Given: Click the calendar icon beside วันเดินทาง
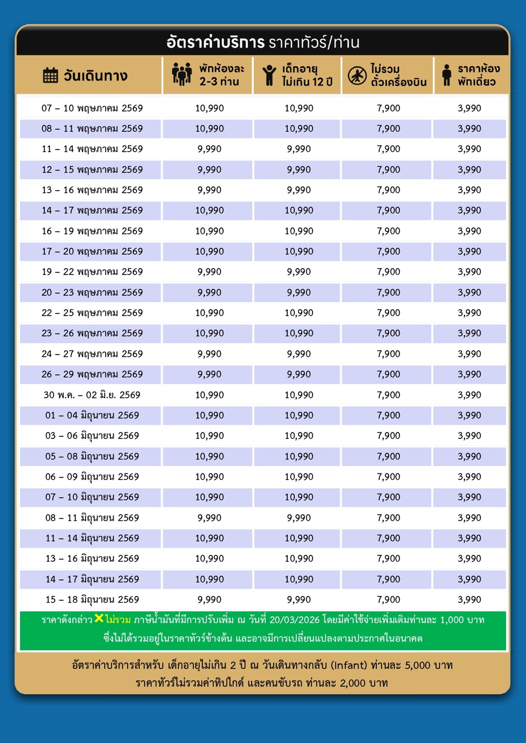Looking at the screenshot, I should (50, 75).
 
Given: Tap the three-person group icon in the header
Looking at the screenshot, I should (182, 75).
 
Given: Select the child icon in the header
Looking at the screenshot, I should (269, 75).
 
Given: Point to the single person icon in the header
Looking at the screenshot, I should (446, 75).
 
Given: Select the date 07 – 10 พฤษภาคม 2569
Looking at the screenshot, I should (92, 108).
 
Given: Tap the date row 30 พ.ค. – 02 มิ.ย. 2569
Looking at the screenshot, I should (92, 395).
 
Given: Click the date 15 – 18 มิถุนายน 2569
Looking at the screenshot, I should (92, 600).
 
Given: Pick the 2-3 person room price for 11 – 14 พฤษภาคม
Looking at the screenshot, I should (209, 149).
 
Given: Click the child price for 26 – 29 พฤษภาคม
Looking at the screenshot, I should (299, 374).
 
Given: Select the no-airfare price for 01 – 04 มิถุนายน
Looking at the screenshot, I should (388, 415).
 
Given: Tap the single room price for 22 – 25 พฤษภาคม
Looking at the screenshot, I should (469, 313).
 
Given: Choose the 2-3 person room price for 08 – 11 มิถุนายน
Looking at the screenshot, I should (209, 518).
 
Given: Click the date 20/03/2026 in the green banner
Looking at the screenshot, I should (294, 620).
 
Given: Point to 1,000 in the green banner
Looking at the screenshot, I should (452, 620).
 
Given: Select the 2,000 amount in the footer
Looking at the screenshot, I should (353, 683).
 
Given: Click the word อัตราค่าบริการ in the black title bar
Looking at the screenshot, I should (215, 42).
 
